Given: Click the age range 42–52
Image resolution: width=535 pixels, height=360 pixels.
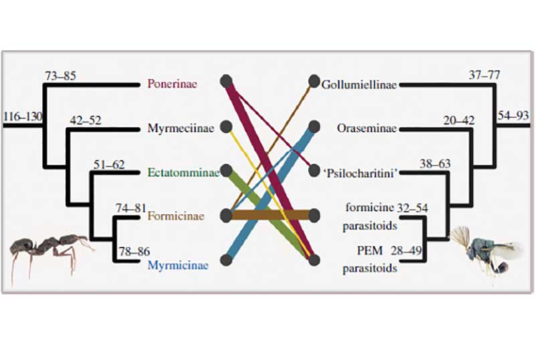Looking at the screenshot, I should coord(85,120).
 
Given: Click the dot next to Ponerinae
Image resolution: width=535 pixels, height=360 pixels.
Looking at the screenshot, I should coord(226,82).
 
